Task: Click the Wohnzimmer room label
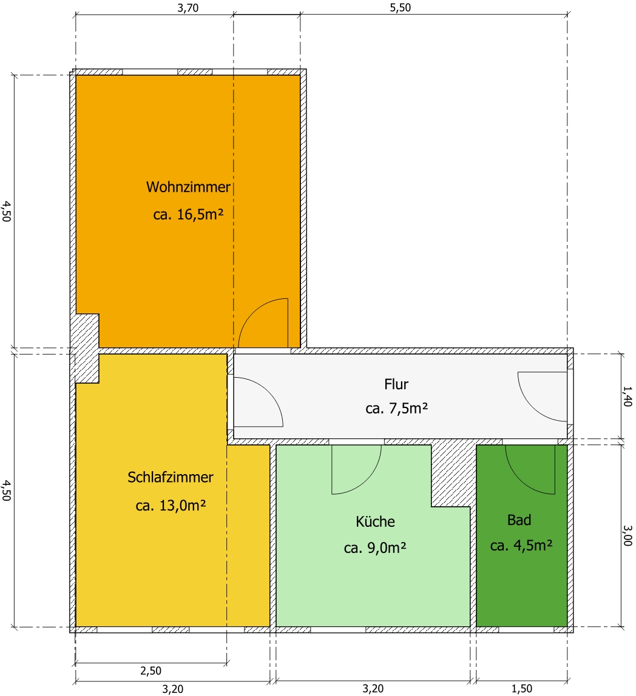tap(188, 187)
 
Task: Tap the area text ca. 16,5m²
tap(188, 215)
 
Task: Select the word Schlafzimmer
tap(170, 477)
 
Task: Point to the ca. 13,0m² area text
tap(170, 505)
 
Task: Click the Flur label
tap(396, 384)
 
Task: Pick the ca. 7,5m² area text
tap(396, 408)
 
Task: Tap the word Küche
tap(375, 521)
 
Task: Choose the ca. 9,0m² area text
tap(375, 547)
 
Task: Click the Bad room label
tap(519, 520)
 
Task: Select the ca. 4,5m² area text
tap(521, 545)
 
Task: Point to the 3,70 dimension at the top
tap(188, 7)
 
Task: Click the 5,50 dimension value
tap(401, 7)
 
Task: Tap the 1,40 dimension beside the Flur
tap(627, 397)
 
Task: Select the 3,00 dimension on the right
tap(627, 535)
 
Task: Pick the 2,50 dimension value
tap(151, 671)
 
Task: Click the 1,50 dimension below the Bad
tap(521, 689)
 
